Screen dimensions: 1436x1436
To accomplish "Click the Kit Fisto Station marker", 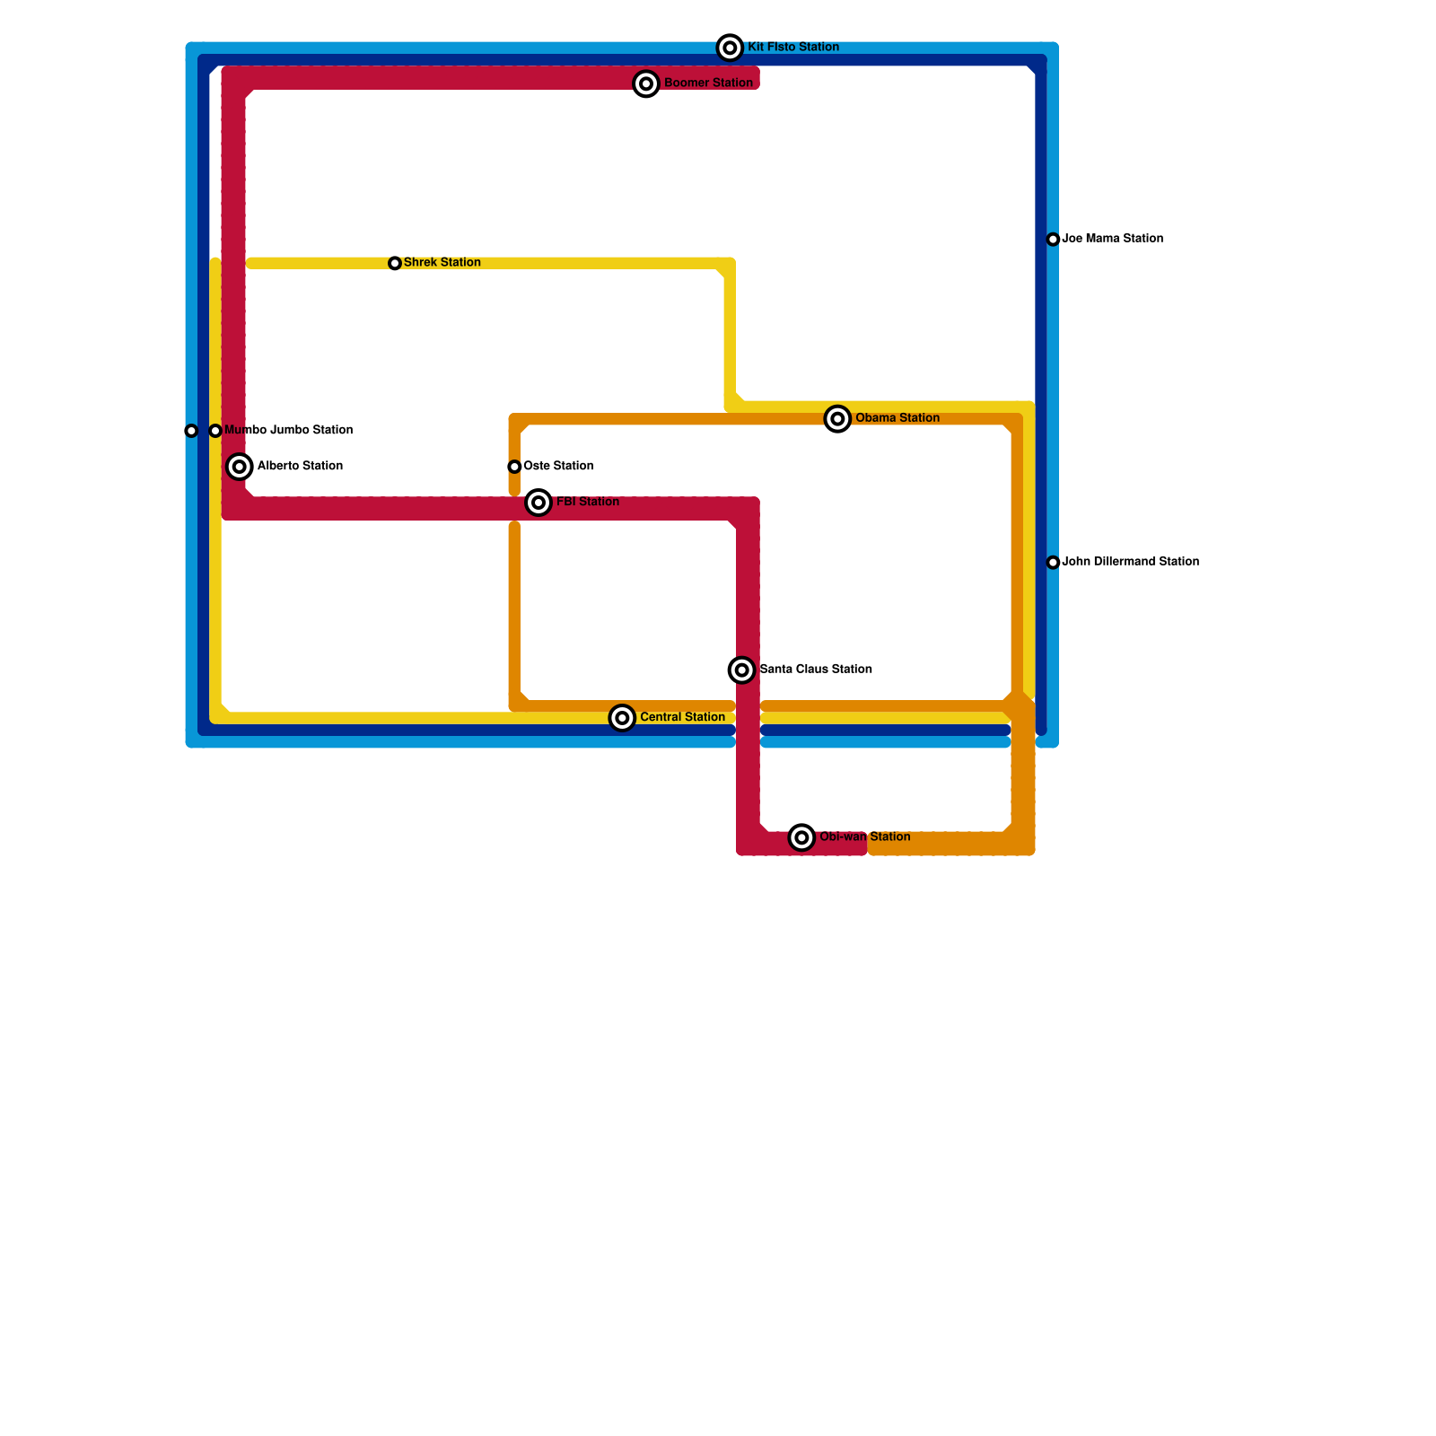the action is pos(731,48).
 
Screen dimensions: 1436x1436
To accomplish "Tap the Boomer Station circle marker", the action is pos(646,83).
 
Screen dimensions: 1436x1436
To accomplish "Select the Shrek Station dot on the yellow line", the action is pos(395,263).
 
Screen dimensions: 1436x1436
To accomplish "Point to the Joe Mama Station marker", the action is pos(1053,240).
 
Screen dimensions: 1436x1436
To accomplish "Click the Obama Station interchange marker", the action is pos(837,419).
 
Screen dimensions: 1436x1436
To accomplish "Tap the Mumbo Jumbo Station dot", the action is pos(215,431).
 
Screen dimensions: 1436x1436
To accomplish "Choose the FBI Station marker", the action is pos(538,503).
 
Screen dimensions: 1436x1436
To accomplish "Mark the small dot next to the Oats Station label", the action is pos(514,467).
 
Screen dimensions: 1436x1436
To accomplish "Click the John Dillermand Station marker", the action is pos(1053,563).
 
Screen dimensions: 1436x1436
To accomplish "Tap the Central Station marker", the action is pos(622,718).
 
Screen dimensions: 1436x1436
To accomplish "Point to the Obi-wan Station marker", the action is pos(802,837).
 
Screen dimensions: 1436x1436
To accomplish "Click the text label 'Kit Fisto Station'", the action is pos(793,48).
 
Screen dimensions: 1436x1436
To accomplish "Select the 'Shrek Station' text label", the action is pos(442,263).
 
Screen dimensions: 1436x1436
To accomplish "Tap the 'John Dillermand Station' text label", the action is pos(1131,562).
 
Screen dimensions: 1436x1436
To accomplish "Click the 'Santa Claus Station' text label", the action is pos(816,670).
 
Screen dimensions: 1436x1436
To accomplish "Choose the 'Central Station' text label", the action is pos(682,718).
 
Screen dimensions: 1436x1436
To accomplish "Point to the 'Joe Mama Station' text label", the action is pos(1113,239).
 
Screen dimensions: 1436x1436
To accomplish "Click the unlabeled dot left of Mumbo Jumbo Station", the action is pos(191,431).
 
